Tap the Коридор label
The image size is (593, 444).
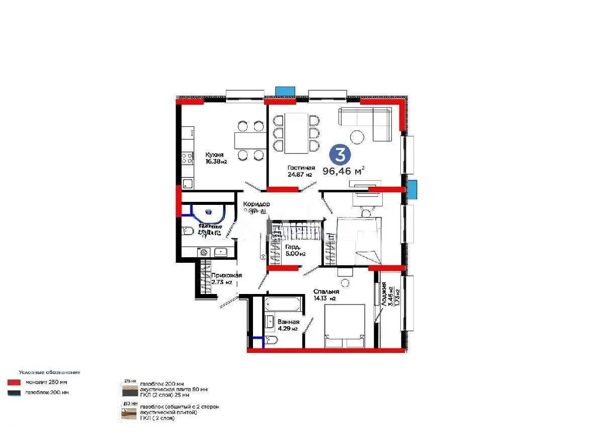coord(257,204)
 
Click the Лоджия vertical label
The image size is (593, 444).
coord(384,295)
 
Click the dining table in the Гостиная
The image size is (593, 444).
coord(297,133)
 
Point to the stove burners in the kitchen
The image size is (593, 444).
coord(187,160)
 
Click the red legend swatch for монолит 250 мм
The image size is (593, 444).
coord(14,383)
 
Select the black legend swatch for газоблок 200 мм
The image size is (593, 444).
coord(14,393)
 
